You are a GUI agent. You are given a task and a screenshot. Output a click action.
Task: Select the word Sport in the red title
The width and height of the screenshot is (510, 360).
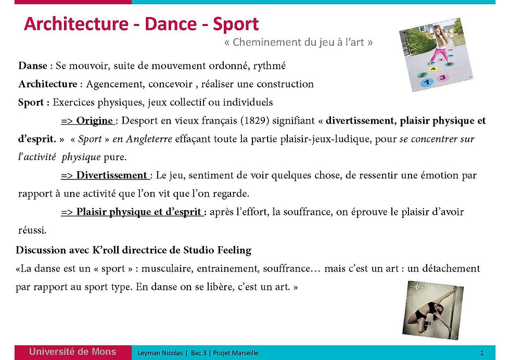coord(236,24)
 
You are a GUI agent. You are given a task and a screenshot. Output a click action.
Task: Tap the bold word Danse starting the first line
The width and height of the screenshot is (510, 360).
coord(32,66)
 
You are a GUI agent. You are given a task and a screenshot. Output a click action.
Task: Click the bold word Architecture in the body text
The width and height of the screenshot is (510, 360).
coord(47,84)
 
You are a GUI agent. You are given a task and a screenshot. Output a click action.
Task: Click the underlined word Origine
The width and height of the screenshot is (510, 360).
coord(95,121)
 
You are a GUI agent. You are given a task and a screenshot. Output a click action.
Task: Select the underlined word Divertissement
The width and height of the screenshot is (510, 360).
coord(111,175)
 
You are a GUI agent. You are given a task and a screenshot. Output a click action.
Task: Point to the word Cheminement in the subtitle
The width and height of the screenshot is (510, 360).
coord(262,43)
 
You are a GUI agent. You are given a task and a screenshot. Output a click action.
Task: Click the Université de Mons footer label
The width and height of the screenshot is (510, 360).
coord(72,352)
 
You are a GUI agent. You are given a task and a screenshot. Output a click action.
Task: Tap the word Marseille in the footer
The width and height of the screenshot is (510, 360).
coord(244,353)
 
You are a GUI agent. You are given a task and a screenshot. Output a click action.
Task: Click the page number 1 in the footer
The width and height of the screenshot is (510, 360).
coord(482,353)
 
